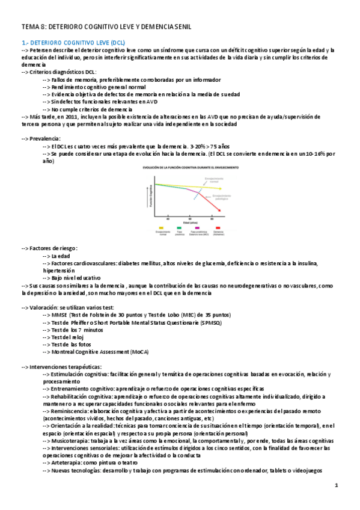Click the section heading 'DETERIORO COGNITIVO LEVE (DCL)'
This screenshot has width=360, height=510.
tap(78, 43)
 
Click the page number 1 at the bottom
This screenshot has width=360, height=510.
tap(337, 485)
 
